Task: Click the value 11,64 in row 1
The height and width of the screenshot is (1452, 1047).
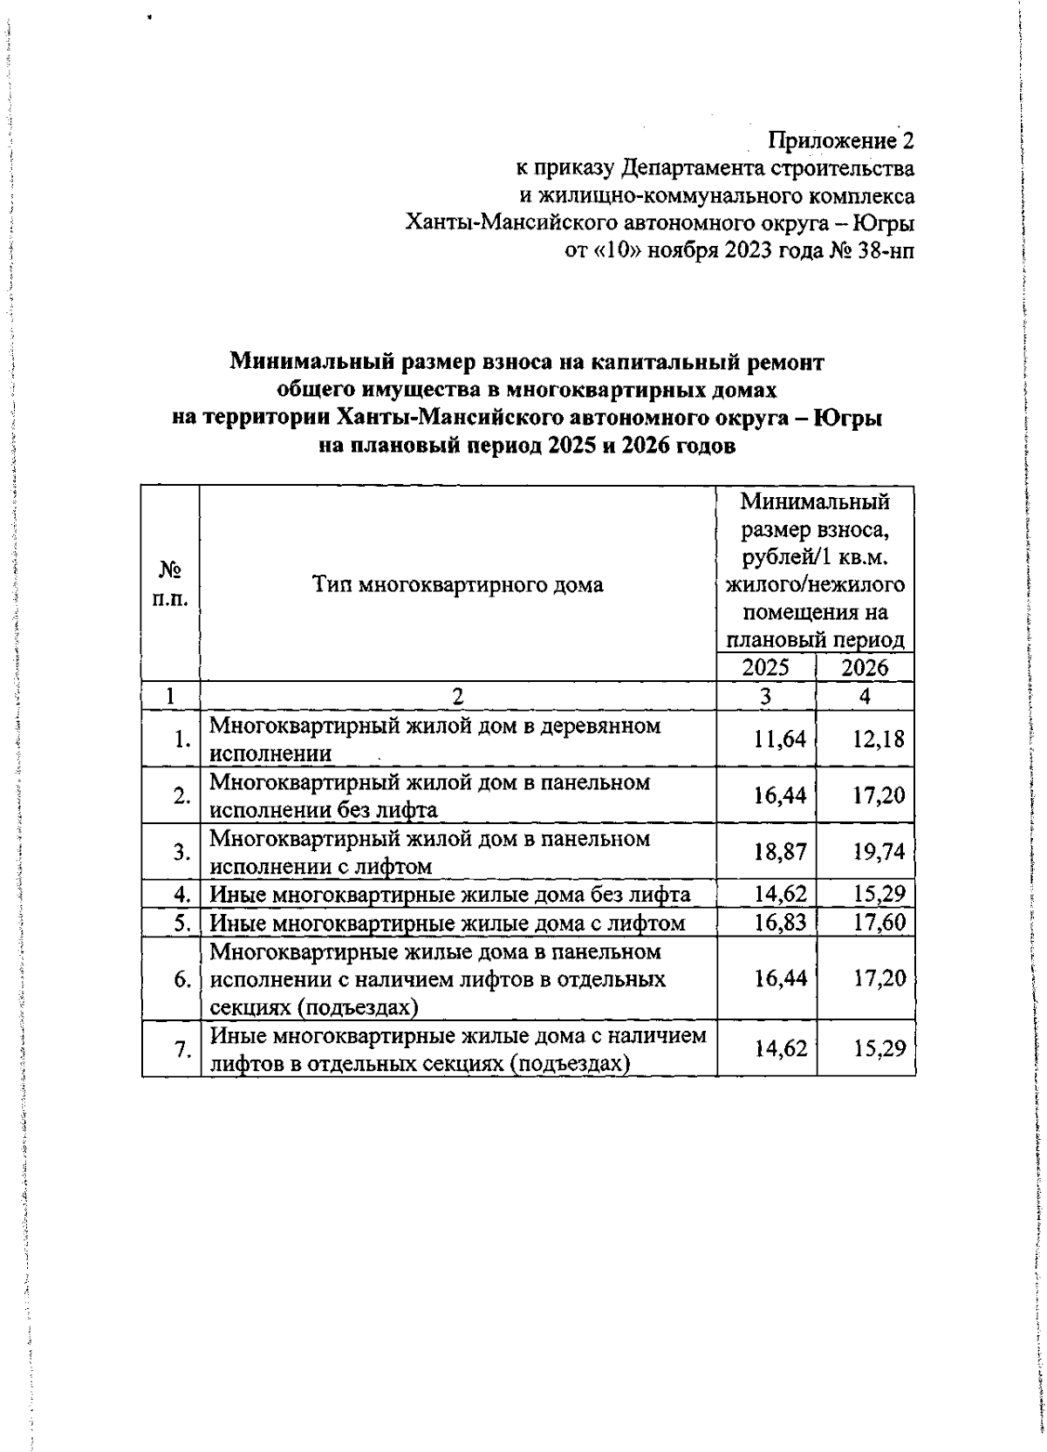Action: pos(781,740)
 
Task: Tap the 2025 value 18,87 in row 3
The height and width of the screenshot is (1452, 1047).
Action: pos(781,852)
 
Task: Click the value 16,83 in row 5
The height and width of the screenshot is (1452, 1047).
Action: pos(781,923)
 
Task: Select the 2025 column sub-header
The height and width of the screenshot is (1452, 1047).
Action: pos(766,668)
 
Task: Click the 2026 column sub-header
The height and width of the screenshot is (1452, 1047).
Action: pos(865,668)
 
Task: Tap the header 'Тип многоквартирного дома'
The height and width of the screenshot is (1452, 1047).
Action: pos(458,584)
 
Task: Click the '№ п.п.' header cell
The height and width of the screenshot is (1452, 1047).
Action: pos(170,584)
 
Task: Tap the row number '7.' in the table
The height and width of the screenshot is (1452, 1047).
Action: pos(182,1050)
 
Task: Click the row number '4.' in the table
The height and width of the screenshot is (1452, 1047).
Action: pos(182,894)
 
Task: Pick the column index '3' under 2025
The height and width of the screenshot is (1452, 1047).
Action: pos(766,697)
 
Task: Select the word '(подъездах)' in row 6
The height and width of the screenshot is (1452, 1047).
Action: pos(356,1007)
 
